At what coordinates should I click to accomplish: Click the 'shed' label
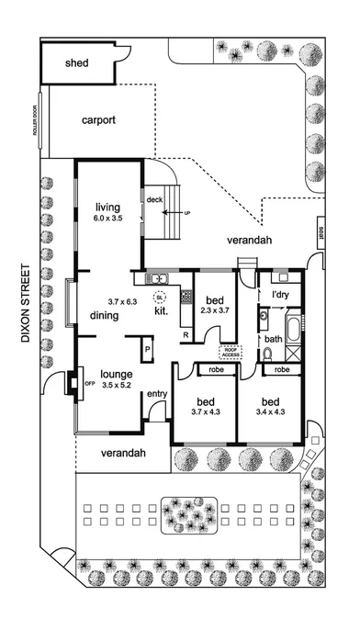point(76,64)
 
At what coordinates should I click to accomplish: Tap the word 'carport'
point(98,120)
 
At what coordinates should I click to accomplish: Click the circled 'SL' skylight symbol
point(159,298)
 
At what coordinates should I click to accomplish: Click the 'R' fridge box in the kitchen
point(186,334)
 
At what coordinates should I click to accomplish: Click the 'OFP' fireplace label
point(90,383)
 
